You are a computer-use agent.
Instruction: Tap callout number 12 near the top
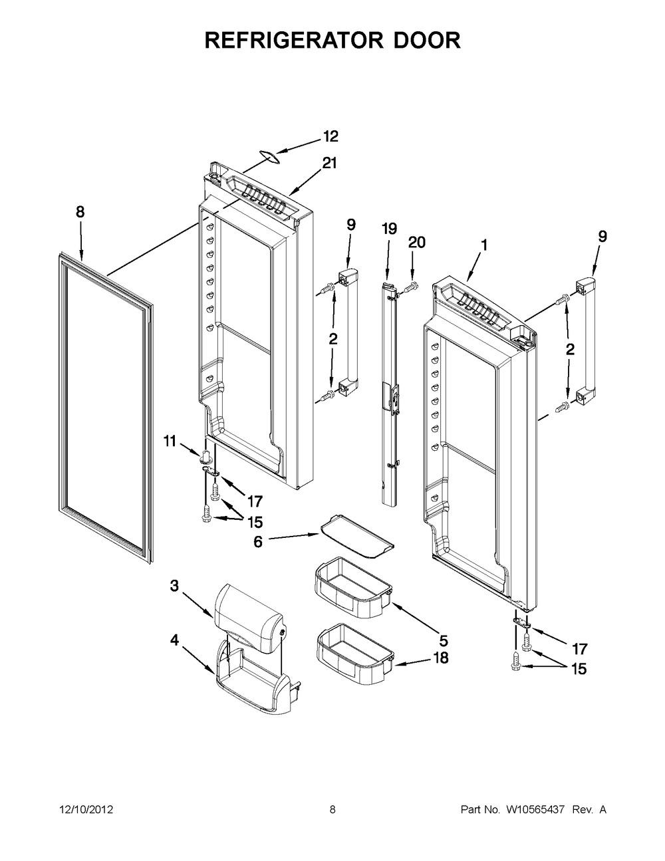(331, 136)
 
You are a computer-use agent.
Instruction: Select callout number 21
(331, 164)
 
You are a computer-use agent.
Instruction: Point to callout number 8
(80, 212)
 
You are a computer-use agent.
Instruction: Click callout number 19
(389, 229)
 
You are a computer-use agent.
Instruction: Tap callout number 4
(174, 640)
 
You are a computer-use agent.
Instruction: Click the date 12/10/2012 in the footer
(86, 810)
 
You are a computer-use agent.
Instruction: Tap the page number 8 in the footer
(332, 810)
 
